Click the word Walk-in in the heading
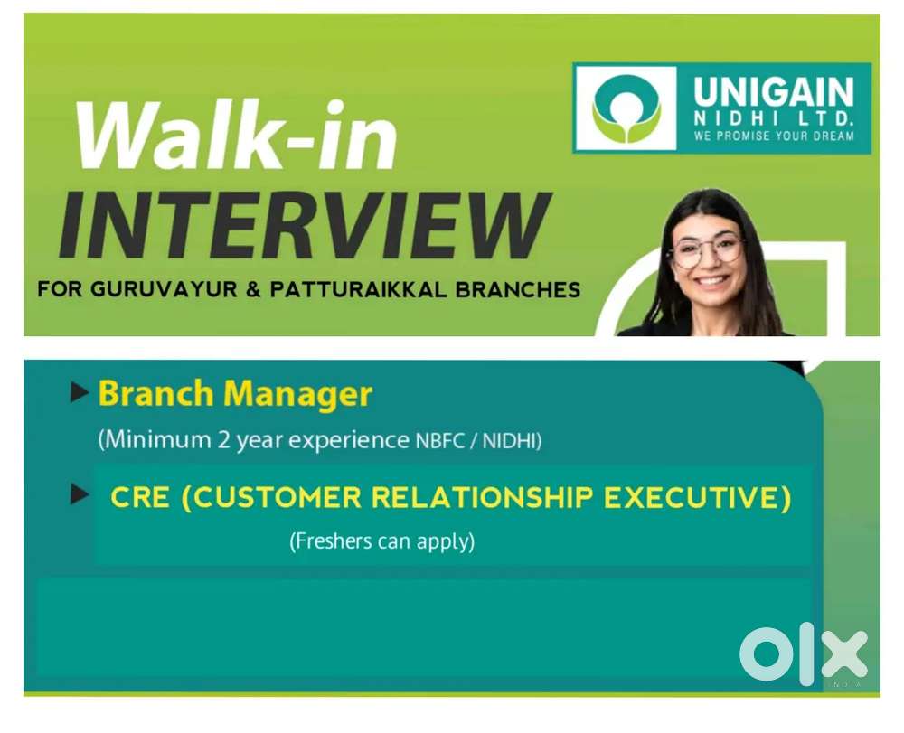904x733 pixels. click(237, 136)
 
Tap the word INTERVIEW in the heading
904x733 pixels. click(306, 224)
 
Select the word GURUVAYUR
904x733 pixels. click(163, 289)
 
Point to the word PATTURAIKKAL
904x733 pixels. click(358, 289)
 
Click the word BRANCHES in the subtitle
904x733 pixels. click(518, 289)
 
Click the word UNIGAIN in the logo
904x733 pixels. click(773, 92)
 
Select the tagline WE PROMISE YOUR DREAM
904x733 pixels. click(774, 136)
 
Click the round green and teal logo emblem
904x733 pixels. click(626, 108)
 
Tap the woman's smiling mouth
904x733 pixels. click(711, 281)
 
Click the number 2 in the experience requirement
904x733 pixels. click(223, 440)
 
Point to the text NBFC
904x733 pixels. click(440, 441)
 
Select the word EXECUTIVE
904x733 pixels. click(692, 497)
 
